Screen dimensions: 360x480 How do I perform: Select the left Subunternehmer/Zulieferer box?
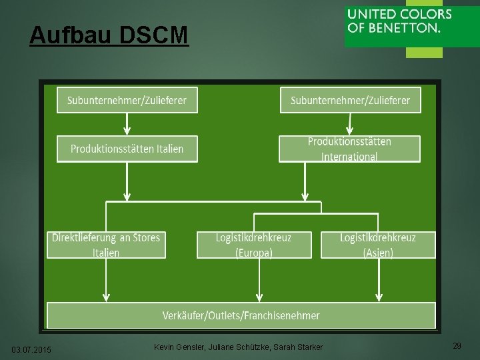coord(127,100)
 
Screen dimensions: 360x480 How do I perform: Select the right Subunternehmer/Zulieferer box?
coord(350,100)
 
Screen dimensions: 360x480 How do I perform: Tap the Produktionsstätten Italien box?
coord(127,149)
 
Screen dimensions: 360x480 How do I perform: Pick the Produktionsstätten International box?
coord(349,149)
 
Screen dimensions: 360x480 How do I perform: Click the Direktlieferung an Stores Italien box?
coord(106,245)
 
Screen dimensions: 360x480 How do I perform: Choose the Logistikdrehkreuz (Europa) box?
coord(254,245)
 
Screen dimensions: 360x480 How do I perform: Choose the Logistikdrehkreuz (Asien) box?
coord(378,245)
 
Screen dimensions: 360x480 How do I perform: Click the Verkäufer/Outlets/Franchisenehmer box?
coord(241,315)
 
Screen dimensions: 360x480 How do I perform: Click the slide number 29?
coord(457,346)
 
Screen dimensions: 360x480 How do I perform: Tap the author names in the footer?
coord(238,347)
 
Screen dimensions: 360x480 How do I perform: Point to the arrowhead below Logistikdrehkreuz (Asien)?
coord(379,297)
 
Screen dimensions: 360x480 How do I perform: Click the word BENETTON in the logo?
coord(407,29)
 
